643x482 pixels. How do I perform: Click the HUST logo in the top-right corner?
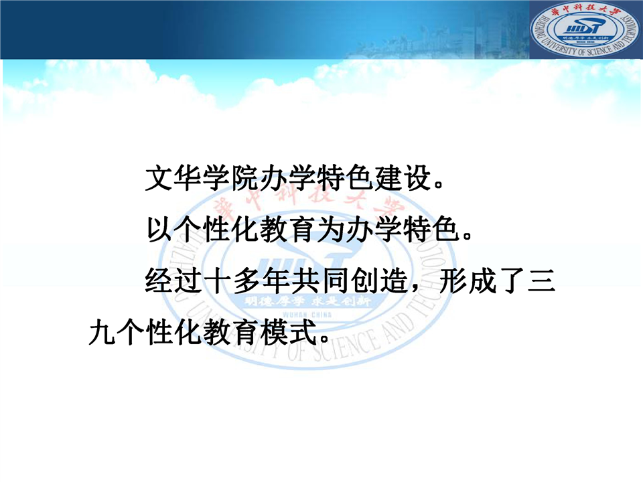click(x=585, y=29)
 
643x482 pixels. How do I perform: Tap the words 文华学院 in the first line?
click(x=202, y=178)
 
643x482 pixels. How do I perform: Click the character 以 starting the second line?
click(x=160, y=230)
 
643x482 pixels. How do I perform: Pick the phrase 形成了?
click(x=482, y=280)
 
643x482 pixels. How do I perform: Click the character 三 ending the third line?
click(x=541, y=280)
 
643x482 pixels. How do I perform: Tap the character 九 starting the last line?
click(x=102, y=332)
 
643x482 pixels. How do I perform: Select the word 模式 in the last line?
click(x=289, y=332)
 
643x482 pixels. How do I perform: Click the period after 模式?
click(x=325, y=339)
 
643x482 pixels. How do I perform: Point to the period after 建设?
click(x=439, y=185)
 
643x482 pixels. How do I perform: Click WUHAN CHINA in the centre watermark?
click(x=307, y=315)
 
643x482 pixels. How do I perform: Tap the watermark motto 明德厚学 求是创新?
click(x=307, y=302)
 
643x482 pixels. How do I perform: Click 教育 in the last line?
click(x=231, y=332)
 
